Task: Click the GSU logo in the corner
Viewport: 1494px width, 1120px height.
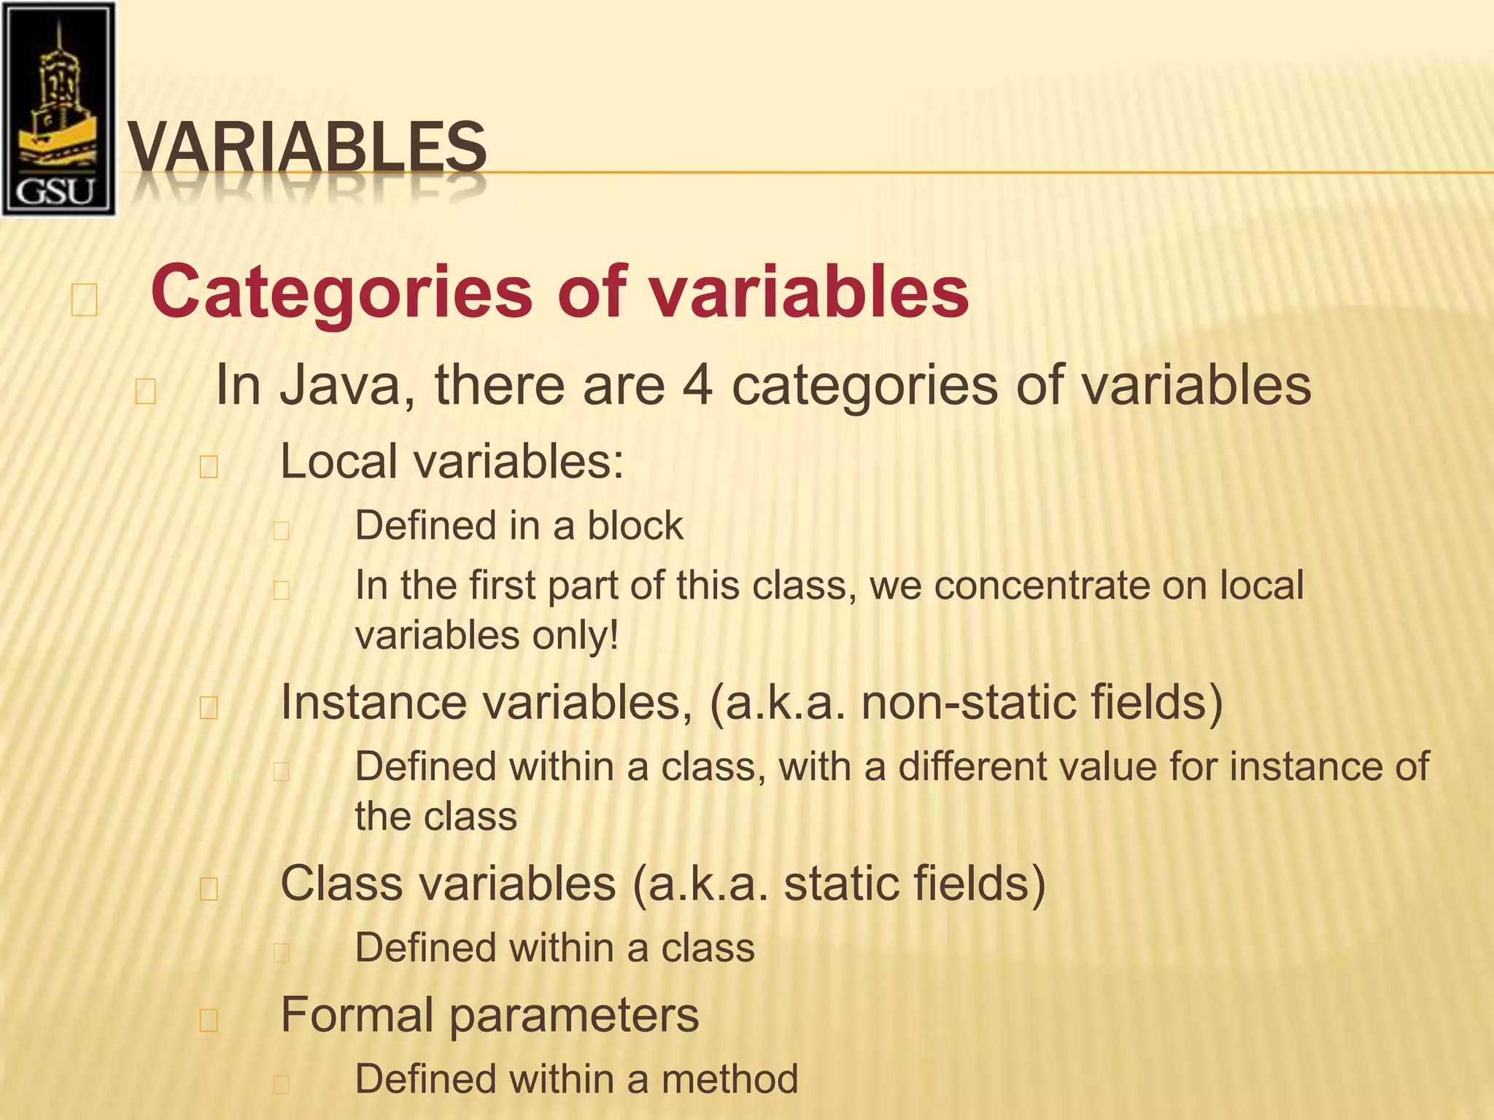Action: point(58,109)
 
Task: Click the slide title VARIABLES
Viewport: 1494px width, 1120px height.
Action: point(307,148)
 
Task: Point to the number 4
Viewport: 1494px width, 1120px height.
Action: point(698,386)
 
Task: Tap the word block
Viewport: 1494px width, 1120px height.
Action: point(635,526)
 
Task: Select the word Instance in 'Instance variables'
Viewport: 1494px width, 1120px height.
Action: point(373,702)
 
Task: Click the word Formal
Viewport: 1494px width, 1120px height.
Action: point(357,1014)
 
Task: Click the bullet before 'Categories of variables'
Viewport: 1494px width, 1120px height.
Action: point(84,300)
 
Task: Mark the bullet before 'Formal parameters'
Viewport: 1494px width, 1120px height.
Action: point(209,1020)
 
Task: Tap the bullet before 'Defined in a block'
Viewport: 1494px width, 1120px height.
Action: point(282,530)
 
